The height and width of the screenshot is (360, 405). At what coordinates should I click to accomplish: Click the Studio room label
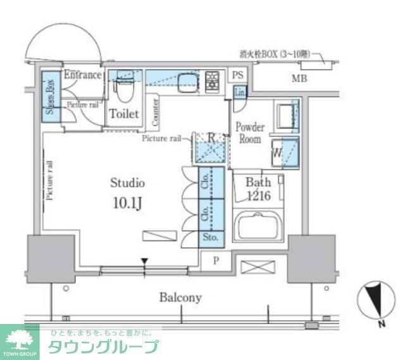coord(128,183)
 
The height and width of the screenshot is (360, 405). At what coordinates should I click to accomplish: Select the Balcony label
coord(180,297)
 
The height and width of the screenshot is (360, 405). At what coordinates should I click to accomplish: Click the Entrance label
coord(82,75)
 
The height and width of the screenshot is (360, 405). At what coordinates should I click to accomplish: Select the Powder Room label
coord(250,133)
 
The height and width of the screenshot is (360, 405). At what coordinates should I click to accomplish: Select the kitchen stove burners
coord(212,80)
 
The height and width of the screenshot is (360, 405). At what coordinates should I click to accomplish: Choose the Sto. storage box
coord(211,238)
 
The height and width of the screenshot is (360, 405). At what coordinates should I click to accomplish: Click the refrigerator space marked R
coord(211,146)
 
